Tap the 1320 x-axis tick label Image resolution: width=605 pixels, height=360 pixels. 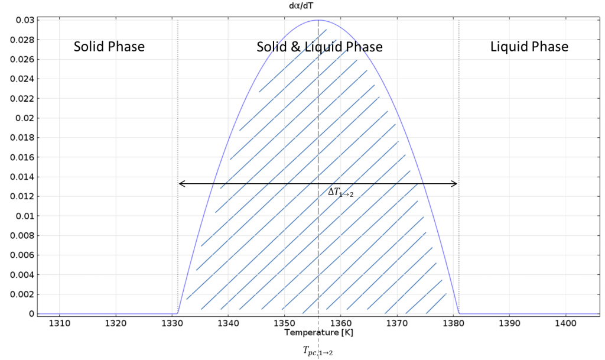(x=116, y=323)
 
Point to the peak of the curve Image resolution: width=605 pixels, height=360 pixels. (x=318, y=20)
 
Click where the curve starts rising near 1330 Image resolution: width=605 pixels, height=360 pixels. (x=178, y=313)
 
